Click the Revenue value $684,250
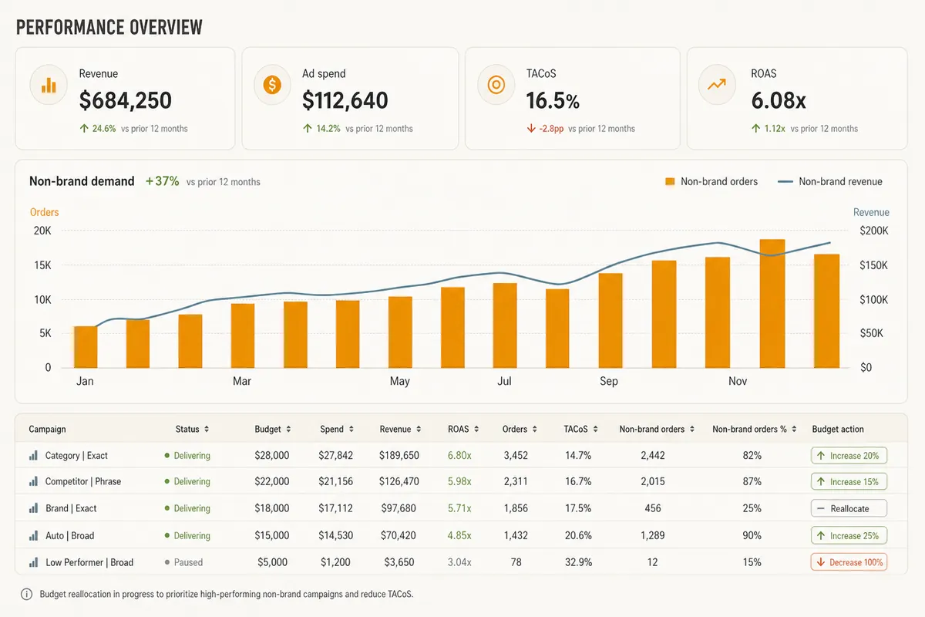[x=125, y=100]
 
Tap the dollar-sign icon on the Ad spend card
[x=272, y=85]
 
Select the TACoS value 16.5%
[x=553, y=101]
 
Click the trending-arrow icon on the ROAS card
[x=716, y=84]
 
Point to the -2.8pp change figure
[x=551, y=129]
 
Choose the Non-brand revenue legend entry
[x=830, y=181]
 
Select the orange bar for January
[x=86, y=347]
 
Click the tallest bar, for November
[x=772, y=303]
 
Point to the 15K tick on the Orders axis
[x=42, y=265]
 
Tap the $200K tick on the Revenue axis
[x=874, y=231]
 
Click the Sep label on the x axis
[x=609, y=381]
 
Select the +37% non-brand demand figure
[x=163, y=181]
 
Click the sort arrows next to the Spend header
[x=351, y=429]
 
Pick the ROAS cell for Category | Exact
[x=459, y=455]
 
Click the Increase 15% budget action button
[x=849, y=482]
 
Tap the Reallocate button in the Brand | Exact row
[x=849, y=508]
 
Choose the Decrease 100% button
[x=849, y=562]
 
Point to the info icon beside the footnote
[x=26, y=595]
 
